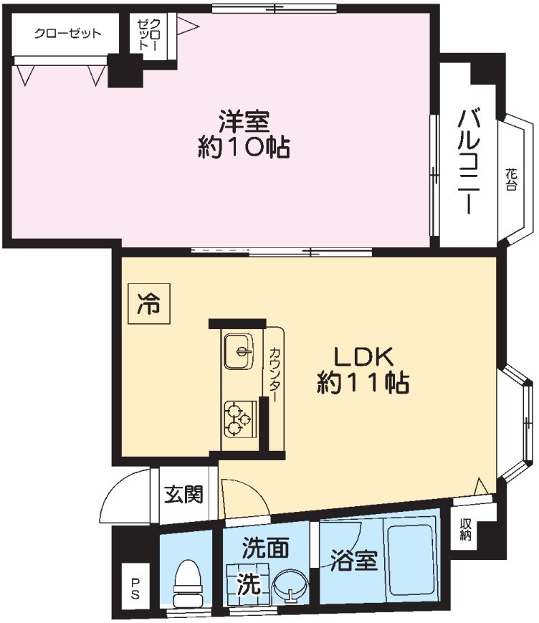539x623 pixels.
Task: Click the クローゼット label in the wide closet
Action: (x=58, y=34)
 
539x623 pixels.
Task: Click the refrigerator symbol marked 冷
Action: (x=149, y=305)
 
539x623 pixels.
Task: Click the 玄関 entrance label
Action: (x=183, y=494)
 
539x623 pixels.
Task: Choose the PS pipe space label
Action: (x=135, y=588)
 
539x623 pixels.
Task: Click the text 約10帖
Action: (x=243, y=148)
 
